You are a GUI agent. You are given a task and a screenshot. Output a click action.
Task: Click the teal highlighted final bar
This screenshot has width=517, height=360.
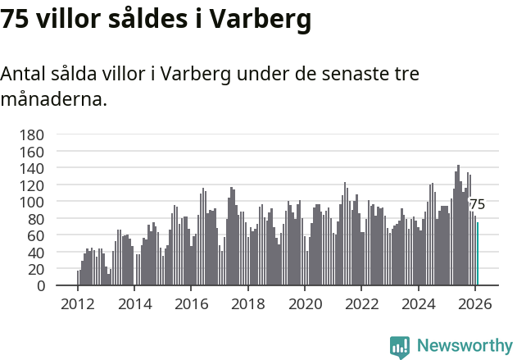coord(478,254)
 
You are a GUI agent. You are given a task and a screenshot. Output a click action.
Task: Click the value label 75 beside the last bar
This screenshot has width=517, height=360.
coord(477,204)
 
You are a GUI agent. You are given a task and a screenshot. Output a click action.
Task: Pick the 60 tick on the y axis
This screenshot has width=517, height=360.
coord(35,235)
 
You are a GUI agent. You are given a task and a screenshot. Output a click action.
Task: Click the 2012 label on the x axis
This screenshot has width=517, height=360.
coord(78,304)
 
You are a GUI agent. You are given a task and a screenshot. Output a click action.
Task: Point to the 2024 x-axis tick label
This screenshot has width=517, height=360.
coord(419,304)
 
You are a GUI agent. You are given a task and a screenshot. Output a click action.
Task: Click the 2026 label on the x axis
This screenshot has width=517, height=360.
coord(476,304)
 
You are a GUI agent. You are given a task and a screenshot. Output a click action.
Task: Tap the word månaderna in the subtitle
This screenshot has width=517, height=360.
coord(54,100)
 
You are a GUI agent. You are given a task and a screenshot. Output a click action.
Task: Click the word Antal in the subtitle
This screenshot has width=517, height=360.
coord(22,74)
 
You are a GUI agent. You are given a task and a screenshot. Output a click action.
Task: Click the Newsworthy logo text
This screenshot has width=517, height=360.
coord(465,345)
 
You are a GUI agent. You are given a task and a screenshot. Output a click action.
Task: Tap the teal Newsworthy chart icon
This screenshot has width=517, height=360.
coord(400,347)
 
